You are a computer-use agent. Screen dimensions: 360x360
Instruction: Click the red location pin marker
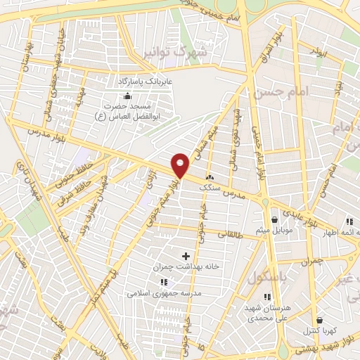tap(181, 165)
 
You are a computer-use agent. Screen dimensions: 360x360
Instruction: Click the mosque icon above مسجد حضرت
tap(127, 96)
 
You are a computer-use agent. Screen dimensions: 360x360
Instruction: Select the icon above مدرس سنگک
tap(209, 176)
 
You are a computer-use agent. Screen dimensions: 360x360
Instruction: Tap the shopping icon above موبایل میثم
tap(274, 219)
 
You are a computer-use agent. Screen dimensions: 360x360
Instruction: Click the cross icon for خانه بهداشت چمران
tap(186, 256)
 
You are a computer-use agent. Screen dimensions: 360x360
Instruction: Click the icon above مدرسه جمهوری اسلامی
tap(165, 282)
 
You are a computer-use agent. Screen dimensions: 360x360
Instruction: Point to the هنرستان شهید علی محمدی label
tap(267, 314)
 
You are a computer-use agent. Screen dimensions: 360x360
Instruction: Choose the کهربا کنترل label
tap(319, 330)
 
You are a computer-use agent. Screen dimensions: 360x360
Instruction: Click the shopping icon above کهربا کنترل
tap(320, 319)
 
